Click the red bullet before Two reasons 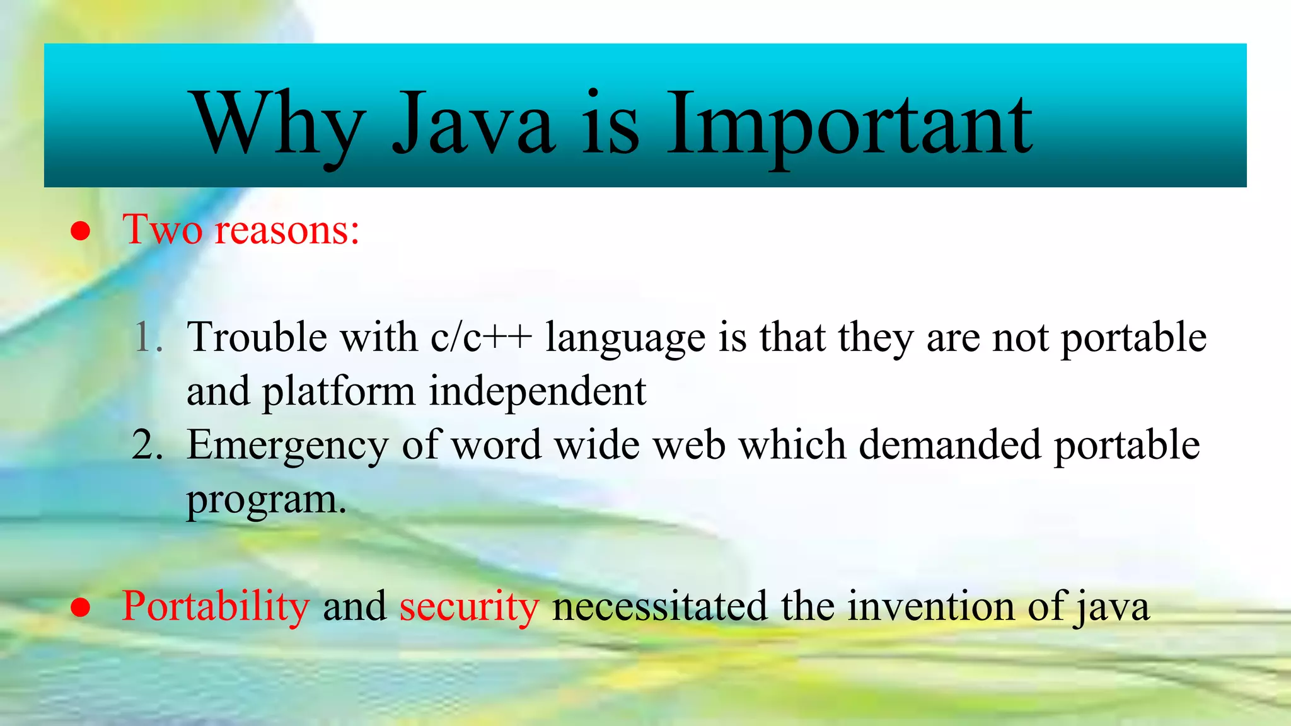tap(80, 231)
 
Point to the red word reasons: tap(287, 230)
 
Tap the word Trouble tap(257, 337)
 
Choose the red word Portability tap(216, 606)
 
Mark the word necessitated tap(659, 606)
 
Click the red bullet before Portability tap(80, 608)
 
